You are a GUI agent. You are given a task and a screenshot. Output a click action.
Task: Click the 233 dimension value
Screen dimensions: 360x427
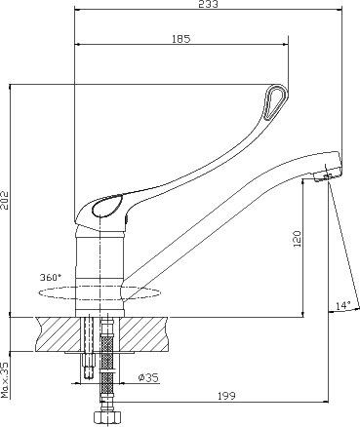pyautogui.click(x=209, y=4)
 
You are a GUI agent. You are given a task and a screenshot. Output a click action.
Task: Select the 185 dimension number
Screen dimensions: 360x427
pyautogui.click(x=180, y=39)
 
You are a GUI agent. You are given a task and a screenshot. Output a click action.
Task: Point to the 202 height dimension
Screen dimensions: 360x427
pyautogui.click(x=6, y=200)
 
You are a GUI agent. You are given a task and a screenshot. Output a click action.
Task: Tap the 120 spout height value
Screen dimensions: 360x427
pyautogui.click(x=298, y=239)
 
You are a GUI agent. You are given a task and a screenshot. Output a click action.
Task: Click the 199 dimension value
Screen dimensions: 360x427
pyautogui.click(x=226, y=396)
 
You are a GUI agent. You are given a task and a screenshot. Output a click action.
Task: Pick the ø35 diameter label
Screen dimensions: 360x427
pyautogui.click(x=148, y=377)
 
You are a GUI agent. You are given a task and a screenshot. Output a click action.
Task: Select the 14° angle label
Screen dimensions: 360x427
pyautogui.click(x=343, y=305)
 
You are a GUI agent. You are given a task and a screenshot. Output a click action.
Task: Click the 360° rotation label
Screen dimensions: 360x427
pyautogui.click(x=51, y=278)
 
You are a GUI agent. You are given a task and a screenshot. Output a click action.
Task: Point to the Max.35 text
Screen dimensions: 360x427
pyautogui.click(x=5, y=380)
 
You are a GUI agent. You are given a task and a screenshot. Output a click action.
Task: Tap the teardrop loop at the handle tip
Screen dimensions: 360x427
pyautogui.click(x=276, y=101)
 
